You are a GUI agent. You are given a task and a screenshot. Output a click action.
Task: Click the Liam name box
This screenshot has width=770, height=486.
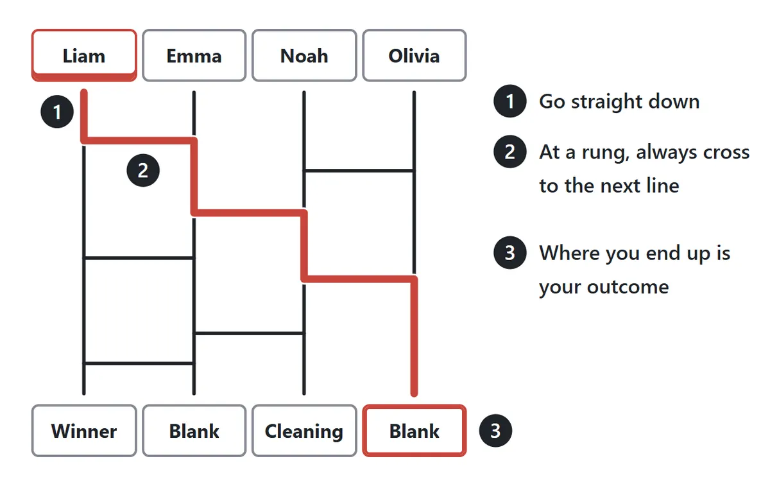[84, 55]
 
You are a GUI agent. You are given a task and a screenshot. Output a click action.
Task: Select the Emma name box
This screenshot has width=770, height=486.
[194, 55]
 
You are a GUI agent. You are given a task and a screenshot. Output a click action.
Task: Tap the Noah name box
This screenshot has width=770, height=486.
[304, 55]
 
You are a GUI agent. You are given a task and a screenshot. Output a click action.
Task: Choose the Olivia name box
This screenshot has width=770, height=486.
[415, 55]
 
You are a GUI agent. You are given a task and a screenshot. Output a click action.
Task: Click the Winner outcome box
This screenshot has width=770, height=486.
[84, 431]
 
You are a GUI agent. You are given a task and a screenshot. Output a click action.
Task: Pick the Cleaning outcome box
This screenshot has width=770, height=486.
[304, 431]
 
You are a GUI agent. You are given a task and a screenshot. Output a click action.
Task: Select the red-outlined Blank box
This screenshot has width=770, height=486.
[415, 431]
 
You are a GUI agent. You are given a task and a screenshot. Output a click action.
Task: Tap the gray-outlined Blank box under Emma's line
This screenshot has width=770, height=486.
[194, 431]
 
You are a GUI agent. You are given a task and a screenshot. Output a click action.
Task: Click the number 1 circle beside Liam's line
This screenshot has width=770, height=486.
[57, 112]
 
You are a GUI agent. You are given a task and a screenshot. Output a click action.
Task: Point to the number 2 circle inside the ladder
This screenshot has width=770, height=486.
[143, 170]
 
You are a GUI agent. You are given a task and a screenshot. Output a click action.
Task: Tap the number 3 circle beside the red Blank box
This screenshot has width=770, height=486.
[495, 431]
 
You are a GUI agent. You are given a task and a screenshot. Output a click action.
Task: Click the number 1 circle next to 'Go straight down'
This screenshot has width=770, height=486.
[509, 101]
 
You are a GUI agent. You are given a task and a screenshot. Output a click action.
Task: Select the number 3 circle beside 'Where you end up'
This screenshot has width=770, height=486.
[509, 252]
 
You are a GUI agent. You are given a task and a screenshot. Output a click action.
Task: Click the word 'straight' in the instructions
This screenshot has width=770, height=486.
[607, 102]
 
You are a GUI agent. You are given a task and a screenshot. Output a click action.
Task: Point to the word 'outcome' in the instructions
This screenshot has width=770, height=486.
[628, 286]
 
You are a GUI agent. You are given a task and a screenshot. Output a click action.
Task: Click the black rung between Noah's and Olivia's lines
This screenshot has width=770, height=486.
[359, 170]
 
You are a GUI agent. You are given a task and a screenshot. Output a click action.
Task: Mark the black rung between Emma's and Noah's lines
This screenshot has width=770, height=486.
[249, 333]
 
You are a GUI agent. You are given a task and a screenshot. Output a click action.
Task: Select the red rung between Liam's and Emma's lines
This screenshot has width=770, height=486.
[139, 141]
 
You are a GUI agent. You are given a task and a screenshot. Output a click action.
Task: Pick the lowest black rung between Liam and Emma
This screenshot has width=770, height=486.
[139, 363]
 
